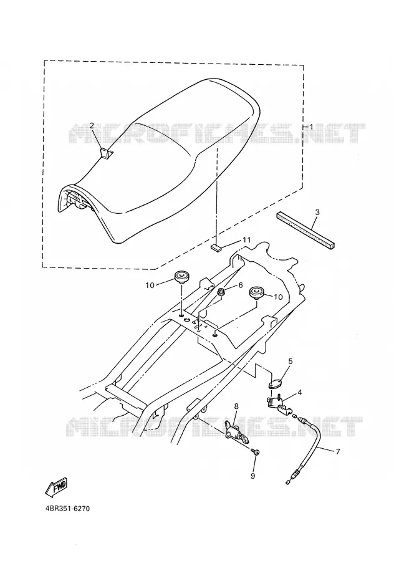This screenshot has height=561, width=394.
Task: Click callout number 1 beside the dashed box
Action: click(x=311, y=127)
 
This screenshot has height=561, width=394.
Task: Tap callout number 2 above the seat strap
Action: click(x=92, y=125)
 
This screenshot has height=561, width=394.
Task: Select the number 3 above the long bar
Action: click(x=317, y=212)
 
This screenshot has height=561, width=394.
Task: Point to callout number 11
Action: click(x=247, y=240)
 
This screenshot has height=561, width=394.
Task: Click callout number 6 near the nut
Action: click(x=240, y=285)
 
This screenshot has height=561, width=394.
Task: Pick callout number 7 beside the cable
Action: click(x=337, y=451)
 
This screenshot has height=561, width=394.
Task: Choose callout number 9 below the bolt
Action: click(x=252, y=476)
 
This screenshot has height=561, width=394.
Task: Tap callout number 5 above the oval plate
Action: click(x=291, y=362)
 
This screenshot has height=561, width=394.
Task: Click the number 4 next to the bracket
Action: click(x=299, y=393)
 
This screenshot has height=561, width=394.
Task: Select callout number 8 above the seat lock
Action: click(x=236, y=406)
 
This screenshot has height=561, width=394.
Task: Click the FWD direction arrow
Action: click(x=55, y=487)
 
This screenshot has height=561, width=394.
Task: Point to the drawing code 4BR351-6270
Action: click(x=66, y=509)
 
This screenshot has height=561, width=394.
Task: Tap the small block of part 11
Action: click(x=216, y=247)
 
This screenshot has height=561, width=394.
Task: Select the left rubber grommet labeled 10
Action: click(x=181, y=277)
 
